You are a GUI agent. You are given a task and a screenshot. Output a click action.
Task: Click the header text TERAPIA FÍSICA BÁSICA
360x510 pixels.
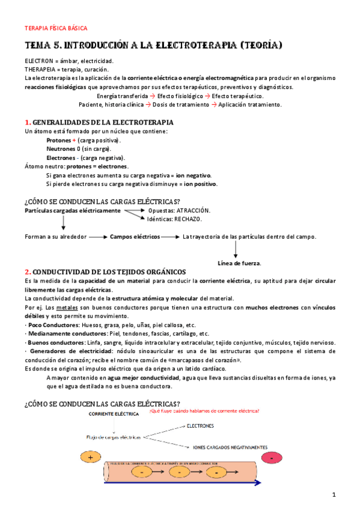point(56,28)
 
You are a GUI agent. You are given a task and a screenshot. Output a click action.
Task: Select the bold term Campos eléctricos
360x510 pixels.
point(135,237)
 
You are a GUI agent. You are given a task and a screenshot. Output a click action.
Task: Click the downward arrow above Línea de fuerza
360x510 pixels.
point(235,250)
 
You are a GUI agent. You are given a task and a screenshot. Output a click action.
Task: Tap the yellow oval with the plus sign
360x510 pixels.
point(90,458)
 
